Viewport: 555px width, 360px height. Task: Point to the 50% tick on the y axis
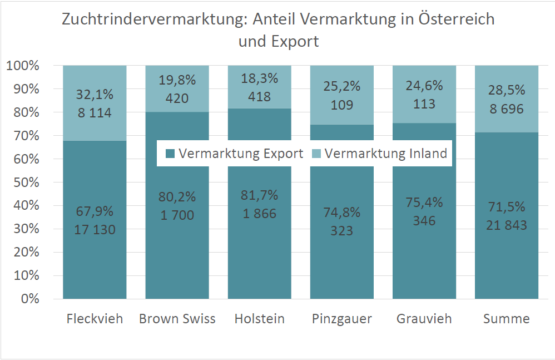pos(23,183)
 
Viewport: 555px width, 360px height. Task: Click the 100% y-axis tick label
pos(23,66)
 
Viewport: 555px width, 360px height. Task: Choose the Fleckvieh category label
pos(95,319)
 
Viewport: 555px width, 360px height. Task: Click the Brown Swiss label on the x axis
pos(177,319)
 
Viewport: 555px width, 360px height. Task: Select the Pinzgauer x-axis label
pos(341,319)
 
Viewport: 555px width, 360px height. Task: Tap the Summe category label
pos(506,319)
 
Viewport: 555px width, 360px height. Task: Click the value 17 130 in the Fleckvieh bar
pos(95,229)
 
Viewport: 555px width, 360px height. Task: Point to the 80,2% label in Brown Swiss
pos(177,196)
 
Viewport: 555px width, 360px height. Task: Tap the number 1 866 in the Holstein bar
pos(259,213)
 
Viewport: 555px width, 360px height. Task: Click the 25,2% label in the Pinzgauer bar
pos(341,86)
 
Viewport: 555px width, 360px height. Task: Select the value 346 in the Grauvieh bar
pos(424,220)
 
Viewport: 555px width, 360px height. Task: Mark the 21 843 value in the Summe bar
pos(506,225)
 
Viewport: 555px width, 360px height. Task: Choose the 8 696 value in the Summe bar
pos(506,109)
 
